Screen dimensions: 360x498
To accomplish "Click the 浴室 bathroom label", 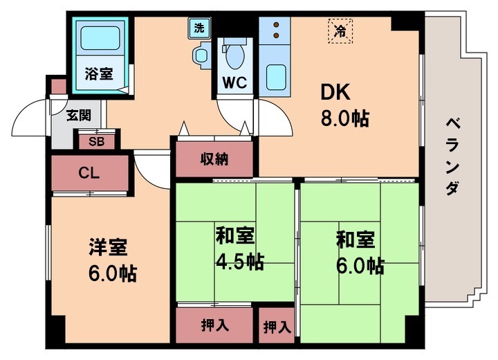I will (x=100, y=71).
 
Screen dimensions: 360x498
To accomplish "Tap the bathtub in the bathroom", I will (x=100, y=39).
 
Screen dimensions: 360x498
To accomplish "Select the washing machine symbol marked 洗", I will (x=199, y=29).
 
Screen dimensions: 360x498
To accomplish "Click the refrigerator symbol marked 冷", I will (x=340, y=30).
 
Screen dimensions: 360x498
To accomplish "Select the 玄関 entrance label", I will (x=77, y=115).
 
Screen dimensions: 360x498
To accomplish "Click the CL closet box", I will (x=89, y=173).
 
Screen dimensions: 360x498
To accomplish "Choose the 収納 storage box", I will (x=215, y=159).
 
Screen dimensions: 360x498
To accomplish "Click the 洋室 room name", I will (x=107, y=247).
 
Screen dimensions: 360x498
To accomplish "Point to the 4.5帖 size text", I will (x=237, y=261).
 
